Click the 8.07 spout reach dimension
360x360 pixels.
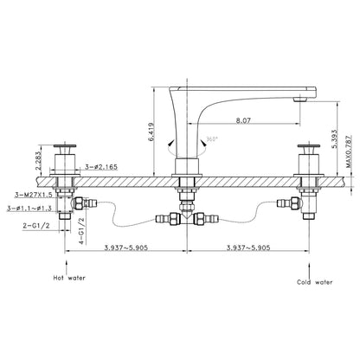tap(243, 120)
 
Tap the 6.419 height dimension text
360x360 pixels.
tap(151, 132)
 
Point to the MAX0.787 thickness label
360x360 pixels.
tap(349, 151)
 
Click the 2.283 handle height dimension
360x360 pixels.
tap(38, 161)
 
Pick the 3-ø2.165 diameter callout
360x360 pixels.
tap(101, 167)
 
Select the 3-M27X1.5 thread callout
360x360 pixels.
tap(34, 195)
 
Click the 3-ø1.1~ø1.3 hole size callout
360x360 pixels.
tap(30, 209)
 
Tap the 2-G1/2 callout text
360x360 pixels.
tap(36, 225)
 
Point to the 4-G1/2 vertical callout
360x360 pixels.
tap(82, 231)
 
